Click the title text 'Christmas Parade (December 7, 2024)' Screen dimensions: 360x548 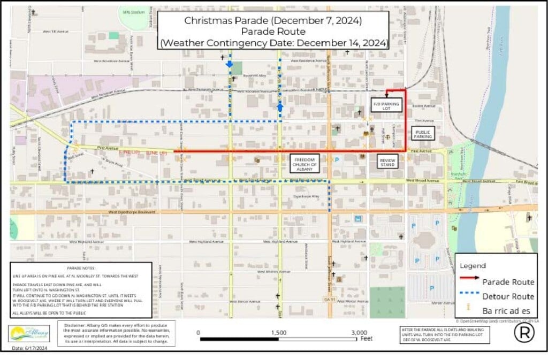[x=273, y=21]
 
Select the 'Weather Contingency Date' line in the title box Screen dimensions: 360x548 [x=273, y=43]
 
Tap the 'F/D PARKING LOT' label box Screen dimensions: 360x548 [x=386, y=105]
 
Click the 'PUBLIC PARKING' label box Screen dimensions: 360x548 [x=423, y=133]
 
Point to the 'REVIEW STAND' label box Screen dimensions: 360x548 [x=387, y=162]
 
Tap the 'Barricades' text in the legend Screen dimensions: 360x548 [x=507, y=310]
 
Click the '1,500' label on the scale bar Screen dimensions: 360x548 [x=278, y=332]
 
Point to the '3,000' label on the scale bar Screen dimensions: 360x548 [x=360, y=332]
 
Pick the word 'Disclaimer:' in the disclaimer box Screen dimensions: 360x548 [x=77, y=325]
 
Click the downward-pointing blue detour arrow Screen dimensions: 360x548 [x=230, y=64]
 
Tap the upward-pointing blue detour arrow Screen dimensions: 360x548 [x=280, y=108]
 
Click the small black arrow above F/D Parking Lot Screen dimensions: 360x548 [x=386, y=95]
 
